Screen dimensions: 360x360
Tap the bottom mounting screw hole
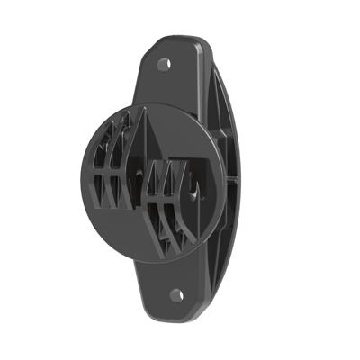pos(176,294)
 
